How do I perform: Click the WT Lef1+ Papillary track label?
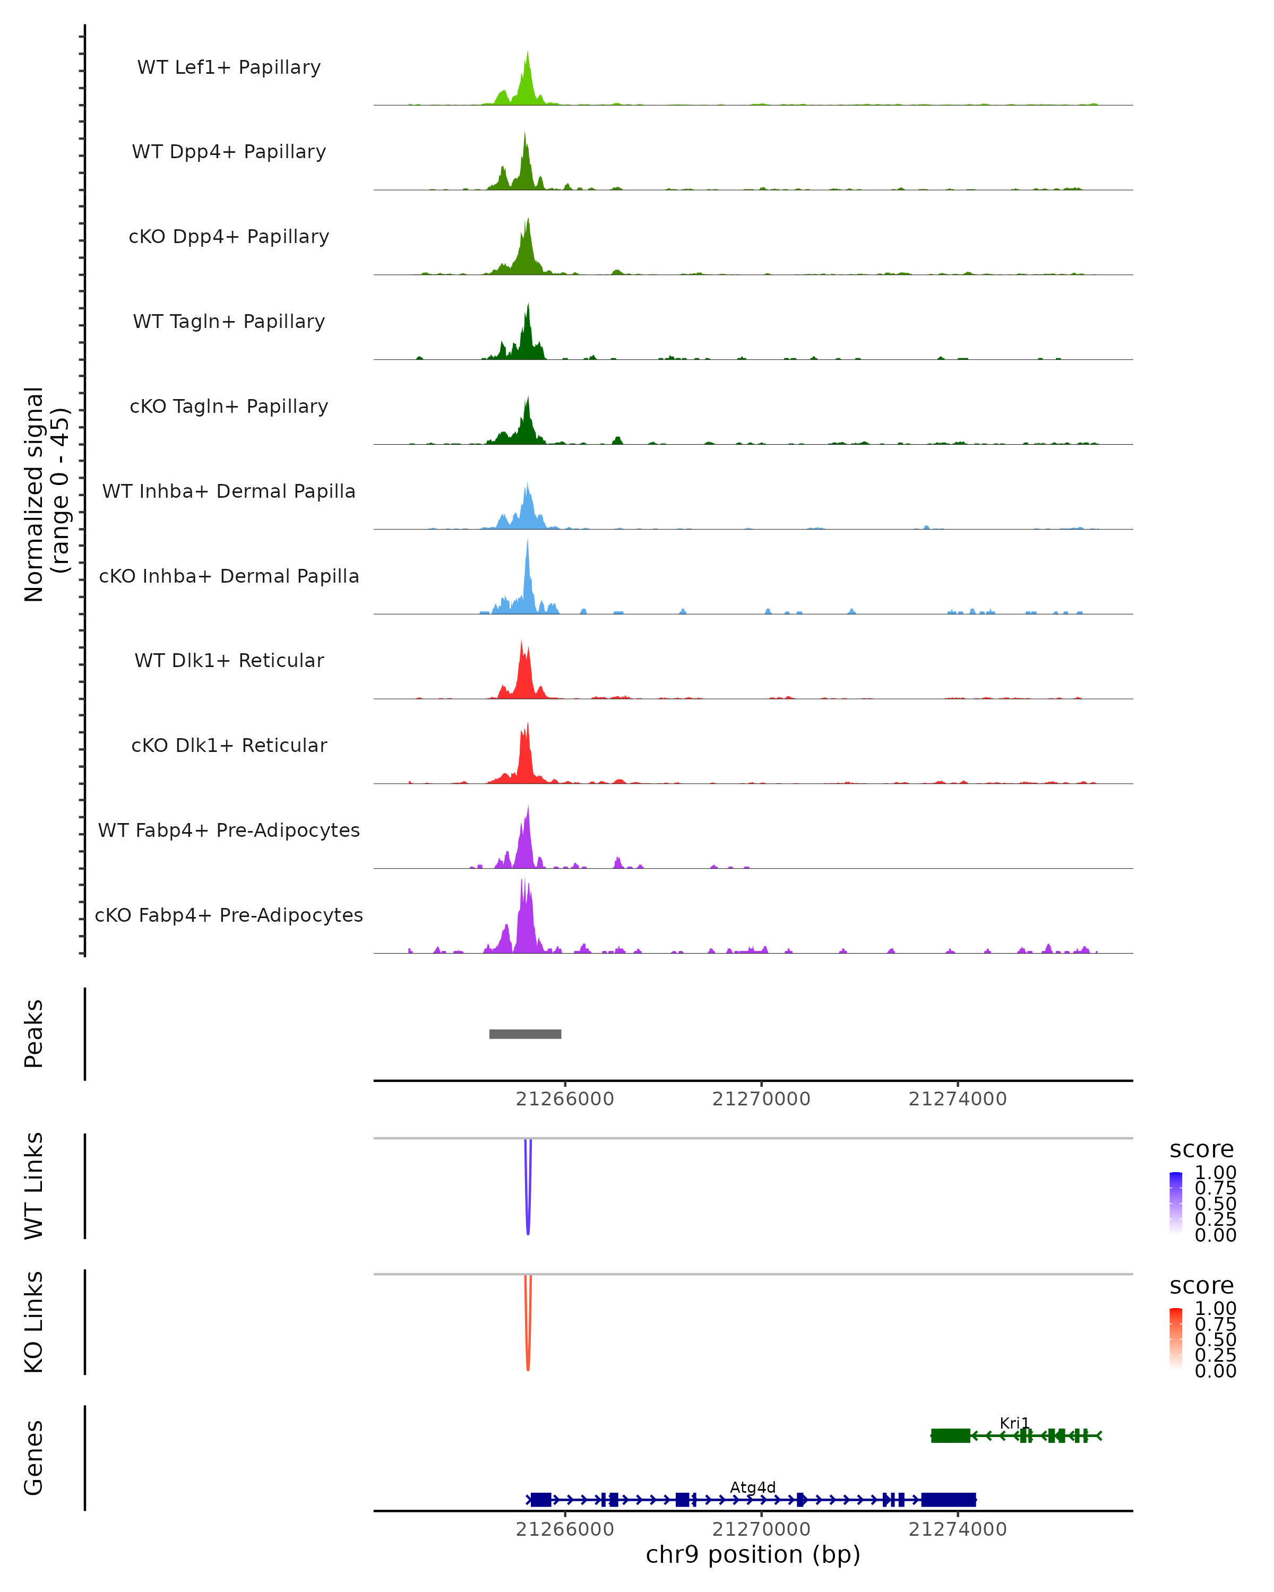tap(229, 67)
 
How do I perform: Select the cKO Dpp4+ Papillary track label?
tap(229, 236)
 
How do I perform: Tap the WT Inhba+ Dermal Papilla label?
tap(229, 491)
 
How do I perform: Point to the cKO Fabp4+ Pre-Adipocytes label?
tap(229, 915)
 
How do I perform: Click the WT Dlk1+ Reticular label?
tap(229, 660)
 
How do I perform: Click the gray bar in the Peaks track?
tap(525, 1034)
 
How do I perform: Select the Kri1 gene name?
tap(1014, 1423)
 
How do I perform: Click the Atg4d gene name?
tap(753, 1487)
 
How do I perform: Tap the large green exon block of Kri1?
tap(951, 1435)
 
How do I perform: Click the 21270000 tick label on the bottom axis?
tap(761, 1529)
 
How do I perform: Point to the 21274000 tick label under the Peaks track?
tap(957, 1099)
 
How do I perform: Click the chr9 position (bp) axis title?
tap(753, 1554)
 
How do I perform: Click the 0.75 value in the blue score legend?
tap(1215, 1188)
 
